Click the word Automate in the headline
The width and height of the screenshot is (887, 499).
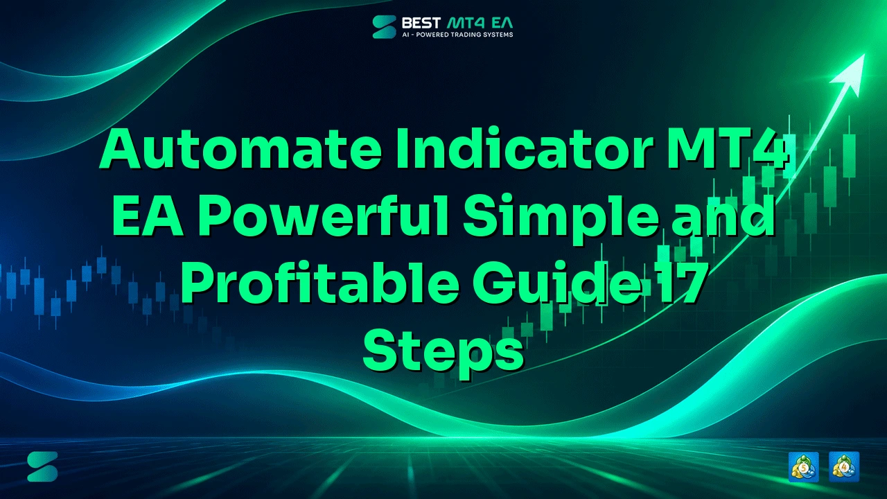[241, 149]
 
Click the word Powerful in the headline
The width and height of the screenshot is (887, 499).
[324, 216]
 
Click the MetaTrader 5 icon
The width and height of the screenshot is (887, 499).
[803, 467]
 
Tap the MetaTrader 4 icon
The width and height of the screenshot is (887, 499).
[844, 467]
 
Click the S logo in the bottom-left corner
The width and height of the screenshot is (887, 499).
[42, 466]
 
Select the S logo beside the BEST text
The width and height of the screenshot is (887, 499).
[384, 27]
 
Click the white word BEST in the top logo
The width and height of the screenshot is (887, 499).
[421, 23]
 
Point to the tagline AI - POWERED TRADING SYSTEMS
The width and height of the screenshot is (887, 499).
[457, 35]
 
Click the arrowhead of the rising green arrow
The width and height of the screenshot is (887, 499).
[850, 73]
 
